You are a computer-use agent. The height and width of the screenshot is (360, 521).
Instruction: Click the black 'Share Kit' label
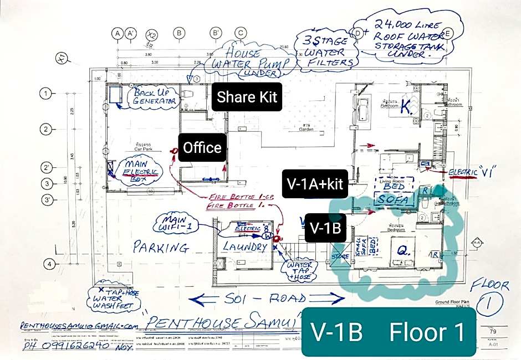coord(247,97)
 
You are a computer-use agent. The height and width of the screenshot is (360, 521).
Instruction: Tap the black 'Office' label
coord(202,148)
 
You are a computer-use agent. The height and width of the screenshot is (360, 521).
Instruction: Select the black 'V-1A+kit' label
coord(314,184)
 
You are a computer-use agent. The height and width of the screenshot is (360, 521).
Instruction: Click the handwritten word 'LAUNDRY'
coord(245,247)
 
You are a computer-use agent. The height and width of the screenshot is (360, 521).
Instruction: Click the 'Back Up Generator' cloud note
coord(155,97)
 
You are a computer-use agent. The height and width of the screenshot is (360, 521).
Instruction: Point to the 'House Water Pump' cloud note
coord(248,61)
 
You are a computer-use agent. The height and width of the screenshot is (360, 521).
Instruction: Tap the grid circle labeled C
coord(240,33)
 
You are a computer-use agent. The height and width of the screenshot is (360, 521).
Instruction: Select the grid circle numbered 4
coord(49,264)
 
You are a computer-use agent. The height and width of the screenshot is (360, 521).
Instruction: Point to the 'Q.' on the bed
coord(403,251)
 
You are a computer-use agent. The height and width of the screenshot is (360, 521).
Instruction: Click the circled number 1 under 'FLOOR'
coord(490,305)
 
